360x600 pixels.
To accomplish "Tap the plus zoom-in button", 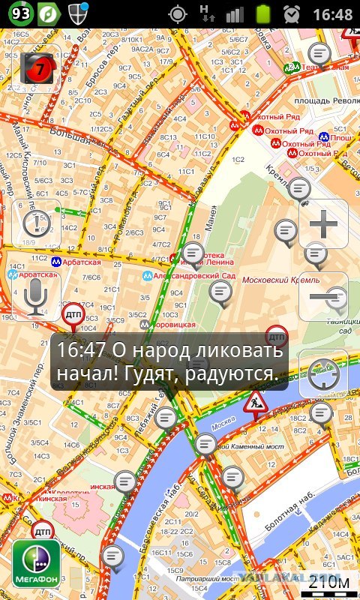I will (x=323, y=223).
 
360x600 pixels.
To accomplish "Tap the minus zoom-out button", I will (x=323, y=296).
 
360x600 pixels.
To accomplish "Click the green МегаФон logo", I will (x=36, y=562).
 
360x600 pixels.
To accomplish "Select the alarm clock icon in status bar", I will (x=292, y=13).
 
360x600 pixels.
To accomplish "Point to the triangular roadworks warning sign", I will (x=256, y=405).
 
